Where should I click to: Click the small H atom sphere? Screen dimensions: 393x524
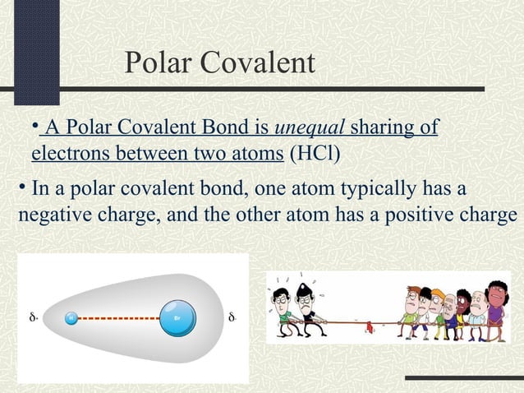pyautogui.click(x=71, y=317)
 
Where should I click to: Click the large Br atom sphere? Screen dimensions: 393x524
pyautogui.click(x=179, y=317)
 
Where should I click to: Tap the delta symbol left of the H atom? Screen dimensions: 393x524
pyautogui.click(x=32, y=317)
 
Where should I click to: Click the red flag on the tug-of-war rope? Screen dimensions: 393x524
pyautogui.click(x=369, y=326)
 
